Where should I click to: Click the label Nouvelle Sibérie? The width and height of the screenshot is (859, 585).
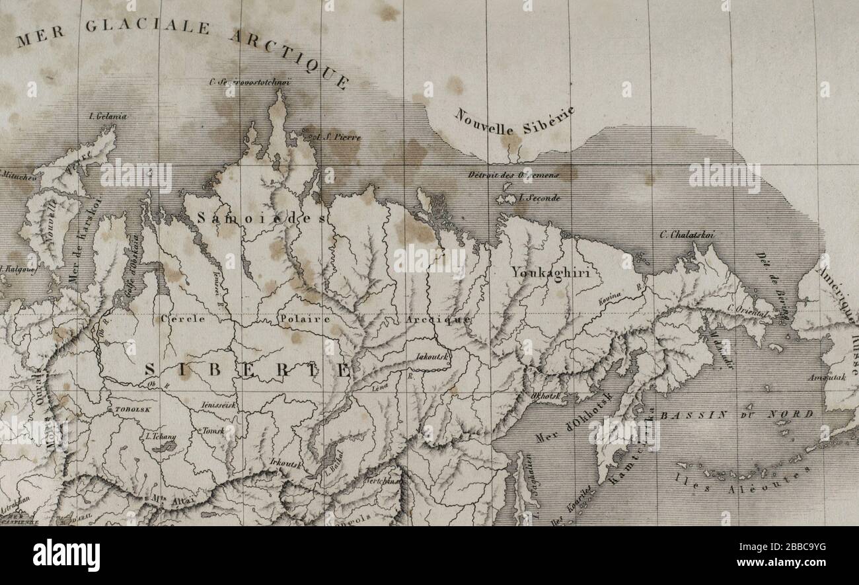point(514,118)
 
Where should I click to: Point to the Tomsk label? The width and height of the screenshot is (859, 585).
point(213,430)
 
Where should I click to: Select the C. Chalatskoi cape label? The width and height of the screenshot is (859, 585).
point(687,234)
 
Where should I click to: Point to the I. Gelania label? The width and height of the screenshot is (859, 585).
point(107,116)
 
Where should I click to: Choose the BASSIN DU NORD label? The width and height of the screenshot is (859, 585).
point(736,414)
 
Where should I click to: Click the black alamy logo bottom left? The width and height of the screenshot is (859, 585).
point(66,555)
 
